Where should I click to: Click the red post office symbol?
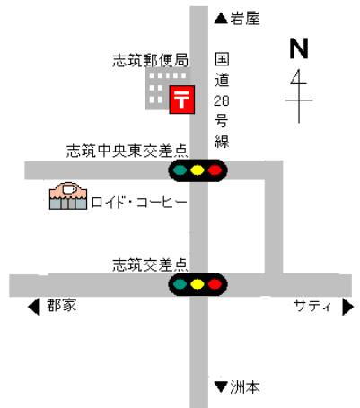(x=182, y=100)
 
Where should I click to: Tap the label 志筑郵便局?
(x=150, y=60)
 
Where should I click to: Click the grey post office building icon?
(x=168, y=89)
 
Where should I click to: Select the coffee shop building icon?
(x=68, y=195)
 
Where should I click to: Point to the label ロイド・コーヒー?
(x=139, y=203)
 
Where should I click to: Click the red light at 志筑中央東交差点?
(x=215, y=170)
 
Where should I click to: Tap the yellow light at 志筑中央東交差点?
(x=198, y=170)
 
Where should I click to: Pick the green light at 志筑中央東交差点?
(x=180, y=170)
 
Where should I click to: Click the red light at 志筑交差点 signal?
(x=215, y=284)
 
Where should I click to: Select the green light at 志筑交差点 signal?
(x=180, y=284)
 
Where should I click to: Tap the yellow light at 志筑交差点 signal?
(x=198, y=284)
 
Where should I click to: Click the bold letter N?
(x=299, y=48)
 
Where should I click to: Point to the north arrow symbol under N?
(x=299, y=96)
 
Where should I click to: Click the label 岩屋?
(x=245, y=19)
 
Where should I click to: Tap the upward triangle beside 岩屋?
(x=222, y=19)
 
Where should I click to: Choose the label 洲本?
(x=245, y=387)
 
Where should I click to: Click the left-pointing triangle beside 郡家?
(x=33, y=307)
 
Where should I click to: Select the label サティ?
(x=313, y=306)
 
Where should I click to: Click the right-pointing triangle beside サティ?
(x=348, y=307)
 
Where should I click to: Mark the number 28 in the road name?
(x=222, y=100)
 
